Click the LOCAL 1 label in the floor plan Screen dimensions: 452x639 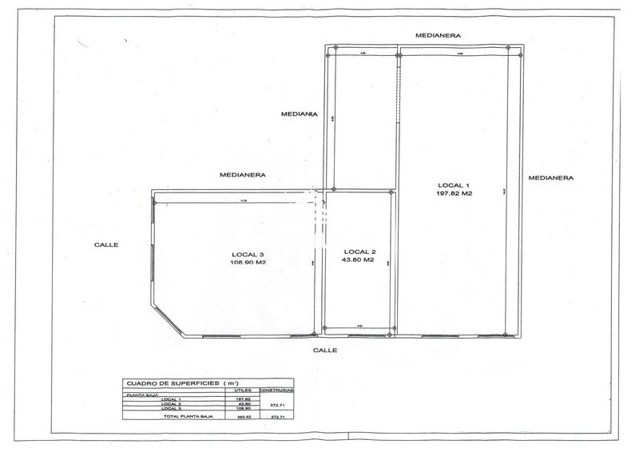click(x=454, y=184)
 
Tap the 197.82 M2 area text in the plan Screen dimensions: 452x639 click(x=454, y=193)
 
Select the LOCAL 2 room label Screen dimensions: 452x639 click(x=358, y=251)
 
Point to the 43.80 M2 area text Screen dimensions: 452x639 click(x=358, y=260)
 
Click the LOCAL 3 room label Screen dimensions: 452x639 click(x=248, y=254)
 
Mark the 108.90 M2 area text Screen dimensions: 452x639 click(x=248, y=263)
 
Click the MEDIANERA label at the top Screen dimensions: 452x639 click(x=439, y=37)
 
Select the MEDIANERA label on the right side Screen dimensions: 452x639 click(x=552, y=177)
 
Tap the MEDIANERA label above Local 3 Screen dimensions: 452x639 click(x=243, y=174)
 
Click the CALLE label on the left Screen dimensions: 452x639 click(x=105, y=245)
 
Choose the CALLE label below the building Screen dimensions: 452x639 click(x=324, y=351)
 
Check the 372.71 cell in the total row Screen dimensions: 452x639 click(x=279, y=416)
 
